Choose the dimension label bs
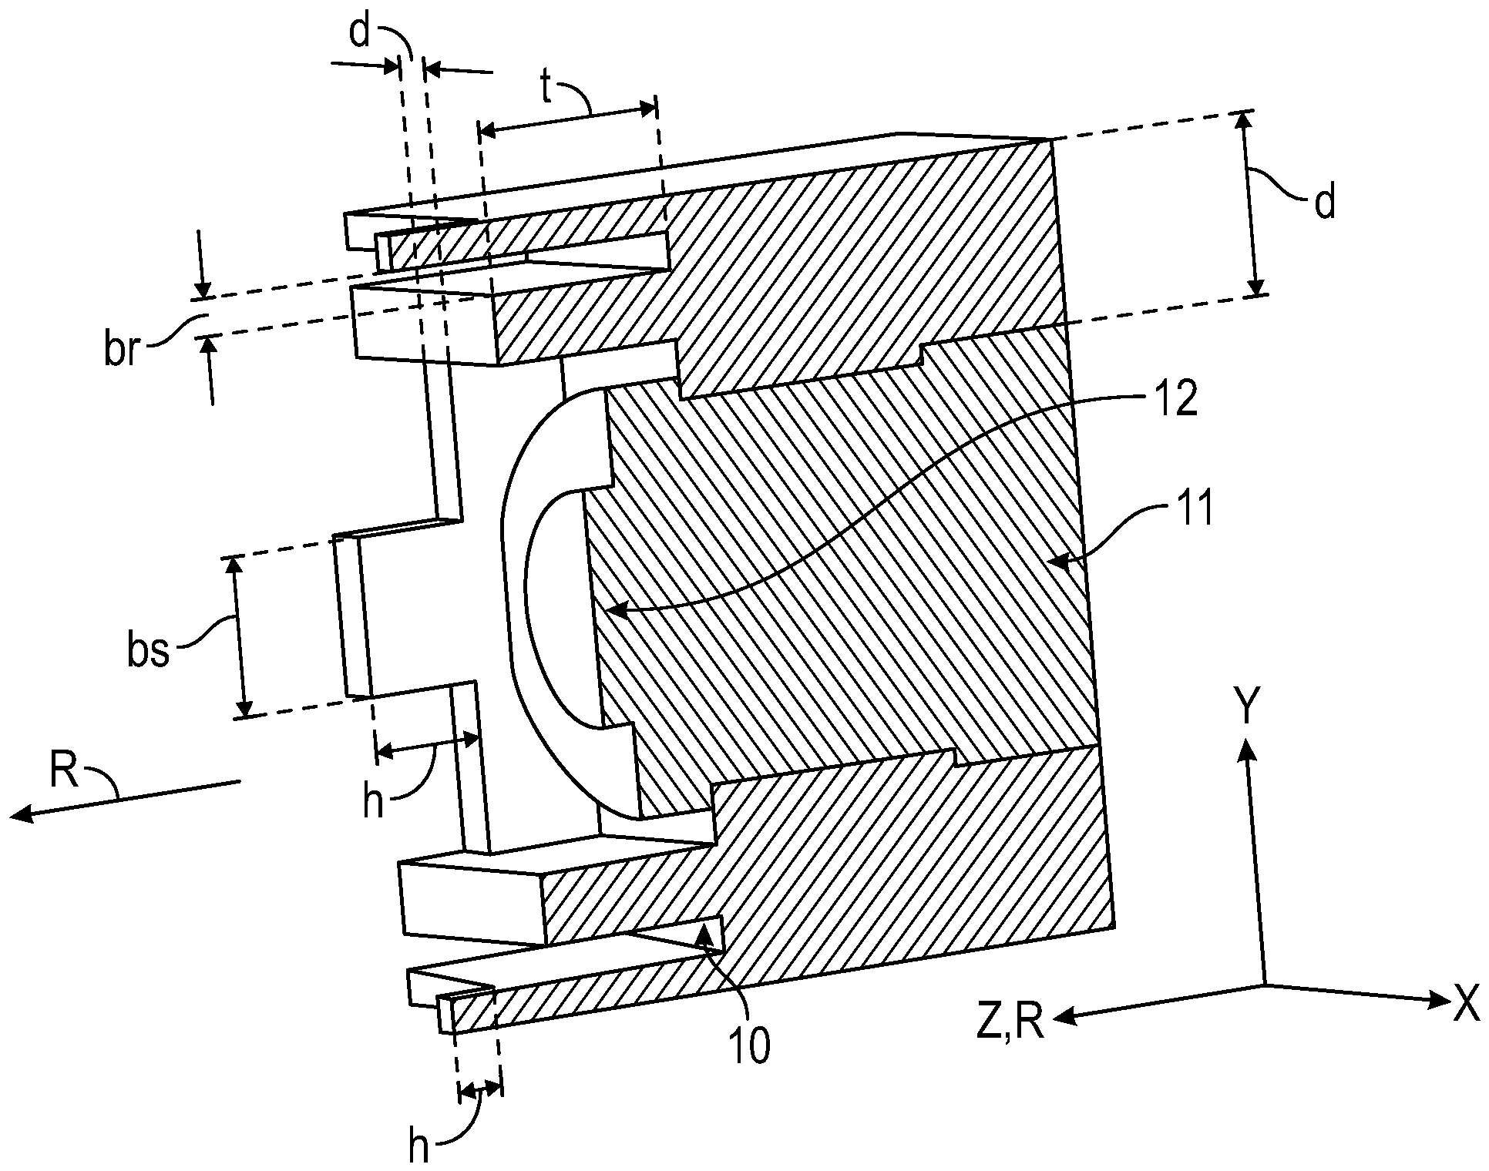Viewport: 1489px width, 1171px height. click(x=148, y=649)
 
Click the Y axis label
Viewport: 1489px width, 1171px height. click(x=1246, y=703)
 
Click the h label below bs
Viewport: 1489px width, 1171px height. click(x=374, y=801)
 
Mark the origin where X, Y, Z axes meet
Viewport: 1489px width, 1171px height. click(x=1265, y=984)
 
